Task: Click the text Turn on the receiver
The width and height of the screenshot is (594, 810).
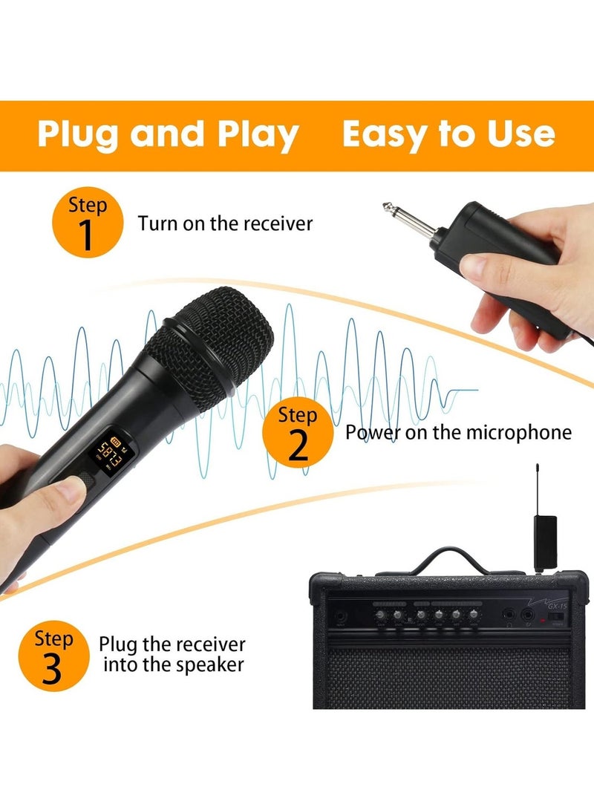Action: (225, 223)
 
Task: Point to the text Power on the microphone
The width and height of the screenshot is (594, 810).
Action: (458, 432)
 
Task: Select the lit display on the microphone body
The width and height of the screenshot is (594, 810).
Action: (109, 450)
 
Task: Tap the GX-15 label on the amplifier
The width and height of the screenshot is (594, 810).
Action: (552, 605)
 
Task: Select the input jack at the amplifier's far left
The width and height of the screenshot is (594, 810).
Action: (340, 616)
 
